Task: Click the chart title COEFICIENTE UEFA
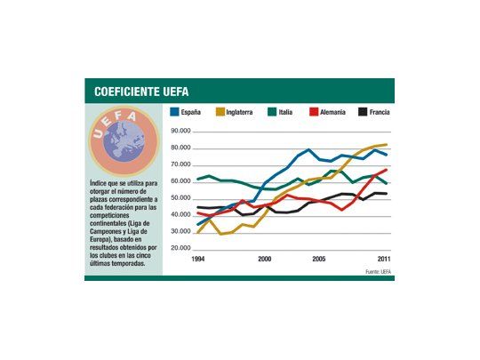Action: [x=141, y=92]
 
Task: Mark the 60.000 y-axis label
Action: [x=180, y=180]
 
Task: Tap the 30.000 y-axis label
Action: [x=180, y=231]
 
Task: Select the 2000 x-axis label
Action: [x=264, y=258]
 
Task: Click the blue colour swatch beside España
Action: [x=174, y=113]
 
